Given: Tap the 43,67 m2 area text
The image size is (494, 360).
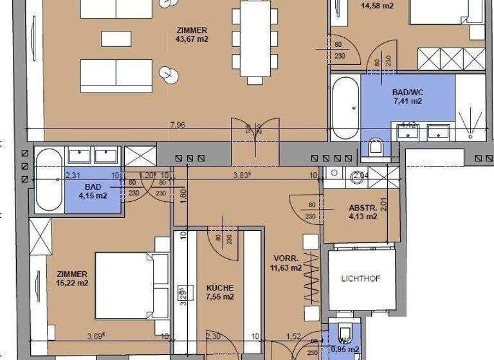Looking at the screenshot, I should point(191,39).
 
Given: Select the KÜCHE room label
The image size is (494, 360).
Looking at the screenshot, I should point(219,288).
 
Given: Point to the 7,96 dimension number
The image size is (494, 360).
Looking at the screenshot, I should point(178,125).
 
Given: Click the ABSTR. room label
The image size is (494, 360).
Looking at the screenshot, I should point(363,208).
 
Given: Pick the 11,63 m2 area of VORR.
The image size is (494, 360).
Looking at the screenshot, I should point(287,267).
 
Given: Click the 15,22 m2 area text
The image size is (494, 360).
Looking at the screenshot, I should point(71,283).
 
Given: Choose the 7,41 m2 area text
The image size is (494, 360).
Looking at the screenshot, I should point(407,101).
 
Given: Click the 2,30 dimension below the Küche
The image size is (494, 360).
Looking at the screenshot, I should point(213,336).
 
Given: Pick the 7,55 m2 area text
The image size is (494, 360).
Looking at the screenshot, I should point(219,297).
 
